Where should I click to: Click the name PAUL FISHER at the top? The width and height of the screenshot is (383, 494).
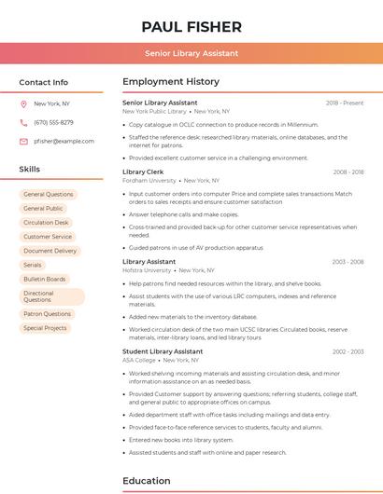tap(191, 27)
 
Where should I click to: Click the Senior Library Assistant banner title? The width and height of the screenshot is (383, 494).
tap(191, 53)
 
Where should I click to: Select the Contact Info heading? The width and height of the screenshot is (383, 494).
tap(44, 82)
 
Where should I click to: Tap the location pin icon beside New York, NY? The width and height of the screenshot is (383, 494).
tap(23, 103)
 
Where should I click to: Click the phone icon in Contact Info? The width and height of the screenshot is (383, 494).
tap(23, 122)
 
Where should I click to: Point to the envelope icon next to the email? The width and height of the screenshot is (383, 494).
tap(23, 141)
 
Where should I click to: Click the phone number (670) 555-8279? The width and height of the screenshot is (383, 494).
tap(53, 122)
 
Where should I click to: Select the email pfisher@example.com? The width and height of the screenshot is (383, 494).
tap(64, 141)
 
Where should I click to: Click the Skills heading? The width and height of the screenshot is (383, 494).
tap(30, 170)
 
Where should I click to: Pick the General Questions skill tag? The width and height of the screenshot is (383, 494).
tap(48, 195)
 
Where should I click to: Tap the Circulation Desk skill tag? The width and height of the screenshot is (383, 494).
tap(46, 223)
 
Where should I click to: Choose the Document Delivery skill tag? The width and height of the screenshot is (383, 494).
tap(50, 251)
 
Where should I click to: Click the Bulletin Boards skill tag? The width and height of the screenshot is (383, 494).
tap(44, 279)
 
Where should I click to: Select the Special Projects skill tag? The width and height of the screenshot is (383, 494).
tap(45, 328)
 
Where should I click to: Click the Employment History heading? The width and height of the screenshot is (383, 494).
tap(171, 82)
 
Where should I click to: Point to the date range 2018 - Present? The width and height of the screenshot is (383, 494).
tap(345, 103)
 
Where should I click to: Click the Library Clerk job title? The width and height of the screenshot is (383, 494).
tap(143, 172)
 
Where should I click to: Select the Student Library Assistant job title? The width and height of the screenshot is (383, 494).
tap(163, 351)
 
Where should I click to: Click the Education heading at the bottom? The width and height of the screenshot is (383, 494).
tap(148, 481)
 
